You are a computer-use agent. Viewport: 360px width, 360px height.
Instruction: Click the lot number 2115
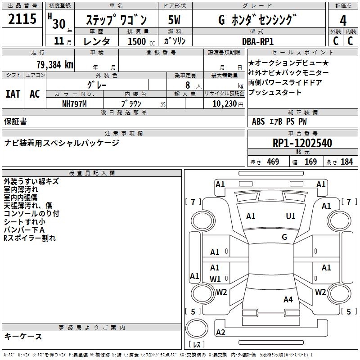click(22, 20)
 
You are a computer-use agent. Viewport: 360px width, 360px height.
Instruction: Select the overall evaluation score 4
click(343, 20)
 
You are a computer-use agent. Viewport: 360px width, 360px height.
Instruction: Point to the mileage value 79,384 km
click(54, 64)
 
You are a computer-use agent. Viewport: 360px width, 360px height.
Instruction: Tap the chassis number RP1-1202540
click(302, 144)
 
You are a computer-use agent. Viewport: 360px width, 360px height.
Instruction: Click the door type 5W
click(174, 20)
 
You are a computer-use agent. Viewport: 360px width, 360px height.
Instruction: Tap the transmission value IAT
click(13, 94)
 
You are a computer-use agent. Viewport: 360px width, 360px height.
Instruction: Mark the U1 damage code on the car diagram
click(291, 216)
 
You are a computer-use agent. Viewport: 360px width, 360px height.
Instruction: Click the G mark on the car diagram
click(284, 237)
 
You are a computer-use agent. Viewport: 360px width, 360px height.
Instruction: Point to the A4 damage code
click(288, 300)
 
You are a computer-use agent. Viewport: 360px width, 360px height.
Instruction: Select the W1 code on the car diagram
click(215, 279)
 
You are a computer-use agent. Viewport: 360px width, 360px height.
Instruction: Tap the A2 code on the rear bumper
click(220, 333)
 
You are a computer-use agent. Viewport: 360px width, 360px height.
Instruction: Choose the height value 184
click(346, 162)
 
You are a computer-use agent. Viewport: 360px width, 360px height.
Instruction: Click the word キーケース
click(23, 336)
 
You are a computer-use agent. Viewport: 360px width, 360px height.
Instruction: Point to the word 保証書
click(15, 121)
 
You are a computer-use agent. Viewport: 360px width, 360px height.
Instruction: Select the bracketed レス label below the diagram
click(197, 345)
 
